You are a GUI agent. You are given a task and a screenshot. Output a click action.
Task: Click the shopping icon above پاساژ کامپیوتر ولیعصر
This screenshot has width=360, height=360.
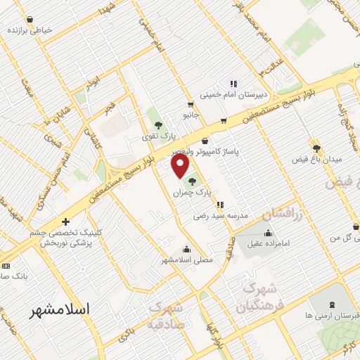(x=205, y=141)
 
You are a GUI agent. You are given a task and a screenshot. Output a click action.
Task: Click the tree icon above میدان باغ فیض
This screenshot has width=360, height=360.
(x=316, y=148)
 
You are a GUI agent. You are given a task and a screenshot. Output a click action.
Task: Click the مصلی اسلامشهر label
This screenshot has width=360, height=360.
(x=187, y=259)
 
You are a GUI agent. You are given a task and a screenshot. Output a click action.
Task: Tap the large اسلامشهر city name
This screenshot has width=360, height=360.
(x=62, y=310)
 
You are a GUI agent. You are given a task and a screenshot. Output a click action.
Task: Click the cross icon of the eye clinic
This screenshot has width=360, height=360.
(x=65, y=221)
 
